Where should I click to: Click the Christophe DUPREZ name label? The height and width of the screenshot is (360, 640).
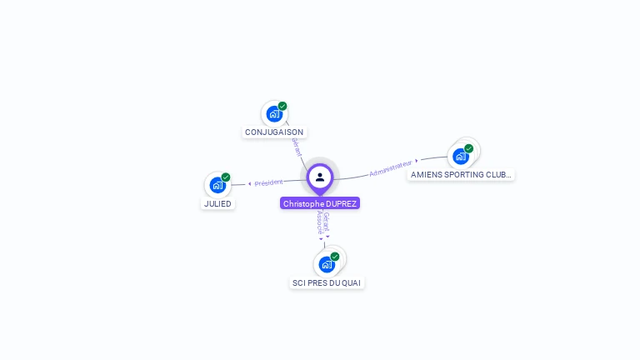(x=320, y=203)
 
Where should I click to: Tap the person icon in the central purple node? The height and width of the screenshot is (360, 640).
(x=320, y=177)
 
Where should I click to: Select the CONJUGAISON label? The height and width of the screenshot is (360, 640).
(x=274, y=132)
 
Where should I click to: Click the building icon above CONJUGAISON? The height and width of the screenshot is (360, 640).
(x=273, y=114)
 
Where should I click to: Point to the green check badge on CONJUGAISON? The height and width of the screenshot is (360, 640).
(x=282, y=106)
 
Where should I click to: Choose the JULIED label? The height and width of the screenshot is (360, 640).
(x=217, y=203)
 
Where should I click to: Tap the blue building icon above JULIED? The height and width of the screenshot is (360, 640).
(x=217, y=185)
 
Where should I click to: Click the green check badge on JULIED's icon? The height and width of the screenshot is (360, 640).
(x=226, y=177)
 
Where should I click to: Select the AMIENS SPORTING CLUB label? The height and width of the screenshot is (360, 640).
(x=461, y=175)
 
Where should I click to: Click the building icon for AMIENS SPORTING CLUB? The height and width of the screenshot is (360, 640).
(x=460, y=156)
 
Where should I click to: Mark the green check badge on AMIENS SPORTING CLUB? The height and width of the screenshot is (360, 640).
(x=469, y=148)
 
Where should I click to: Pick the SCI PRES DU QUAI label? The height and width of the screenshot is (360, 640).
(x=327, y=282)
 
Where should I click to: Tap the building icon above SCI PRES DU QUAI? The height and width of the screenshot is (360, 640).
(x=327, y=264)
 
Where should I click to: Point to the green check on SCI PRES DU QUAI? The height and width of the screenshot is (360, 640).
(x=335, y=257)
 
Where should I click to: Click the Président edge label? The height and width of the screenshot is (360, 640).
(x=269, y=182)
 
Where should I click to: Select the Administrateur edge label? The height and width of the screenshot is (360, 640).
(x=391, y=168)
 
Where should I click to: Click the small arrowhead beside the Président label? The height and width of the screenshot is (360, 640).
(x=250, y=183)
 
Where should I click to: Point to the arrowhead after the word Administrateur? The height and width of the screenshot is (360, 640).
(x=417, y=161)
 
